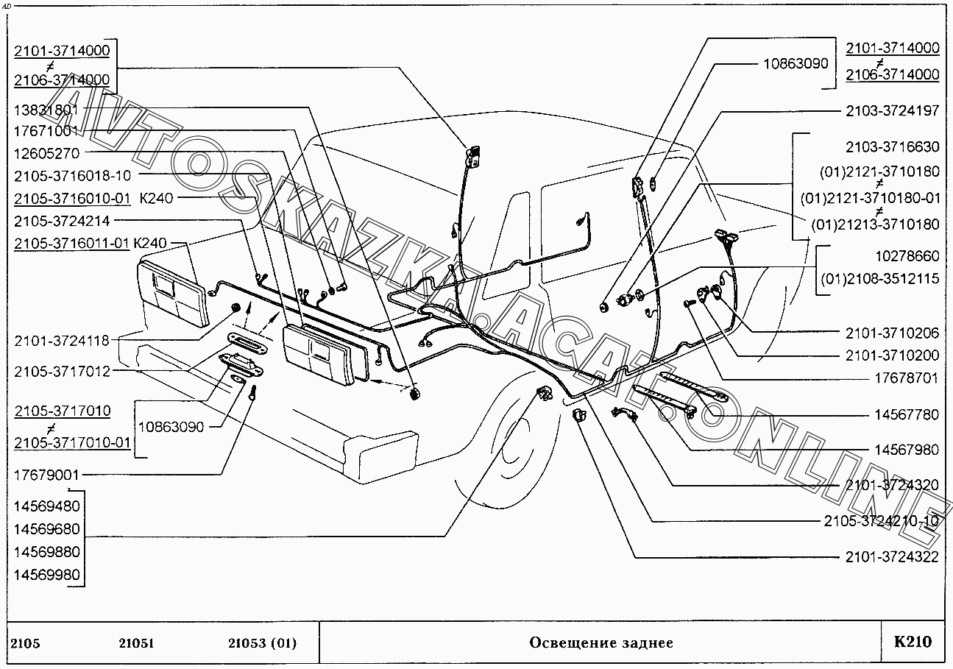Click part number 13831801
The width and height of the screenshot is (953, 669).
tap(46, 110)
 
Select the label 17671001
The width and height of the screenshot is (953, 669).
tap(46, 131)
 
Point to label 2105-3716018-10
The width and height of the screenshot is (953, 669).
tap(72, 175)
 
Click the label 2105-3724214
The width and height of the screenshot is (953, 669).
tap(62, 219)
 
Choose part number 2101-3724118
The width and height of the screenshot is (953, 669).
tap(62, 340)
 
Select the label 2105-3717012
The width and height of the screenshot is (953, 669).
tap(62, 372)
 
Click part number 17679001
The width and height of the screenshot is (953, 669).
tap(46, 475)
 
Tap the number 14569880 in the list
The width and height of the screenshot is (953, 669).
tap(46, 552)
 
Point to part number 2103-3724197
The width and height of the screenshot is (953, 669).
tap(892, 111)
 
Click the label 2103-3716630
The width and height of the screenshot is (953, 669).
tap(892, 146)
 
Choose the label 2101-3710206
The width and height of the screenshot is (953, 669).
tap(892, 333)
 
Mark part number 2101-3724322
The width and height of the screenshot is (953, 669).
tap(892, 556)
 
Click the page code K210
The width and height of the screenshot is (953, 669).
tap(913, 641)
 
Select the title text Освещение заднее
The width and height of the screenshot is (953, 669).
tap(601, 643)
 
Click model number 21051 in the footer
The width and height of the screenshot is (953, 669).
tap(136, 643)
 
